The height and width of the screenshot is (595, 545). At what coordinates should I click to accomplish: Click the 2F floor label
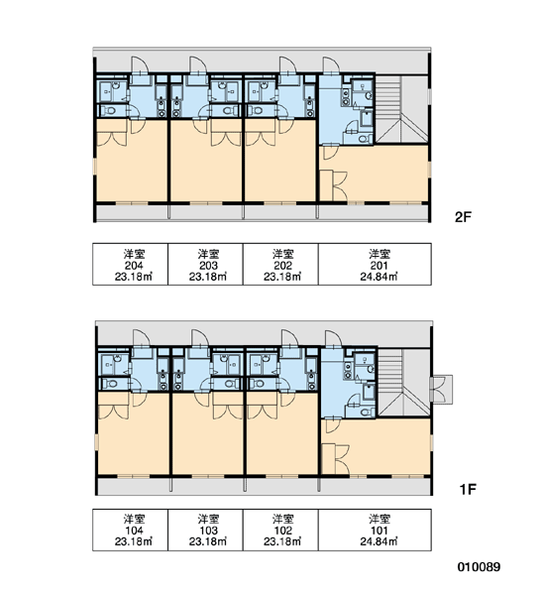pos(463,217)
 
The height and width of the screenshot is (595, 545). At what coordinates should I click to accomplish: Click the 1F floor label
pos(468,490)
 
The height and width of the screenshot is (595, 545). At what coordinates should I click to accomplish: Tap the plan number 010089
pos(479,567)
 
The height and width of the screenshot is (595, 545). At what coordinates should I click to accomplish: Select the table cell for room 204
pos(131,264)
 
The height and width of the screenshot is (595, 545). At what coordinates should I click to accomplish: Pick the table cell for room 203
pos(205,264)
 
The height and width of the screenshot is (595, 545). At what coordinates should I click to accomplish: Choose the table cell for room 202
pos(280,264)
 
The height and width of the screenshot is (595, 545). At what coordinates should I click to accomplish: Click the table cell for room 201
pos(375,264)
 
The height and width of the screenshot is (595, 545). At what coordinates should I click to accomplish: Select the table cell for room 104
pos(131,530)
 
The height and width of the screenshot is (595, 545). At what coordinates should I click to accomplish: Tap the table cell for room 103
pos(205,530)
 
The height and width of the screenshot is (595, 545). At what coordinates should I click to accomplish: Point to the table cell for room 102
pos(280,530)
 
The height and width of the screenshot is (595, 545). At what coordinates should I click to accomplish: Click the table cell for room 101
pos(375,530)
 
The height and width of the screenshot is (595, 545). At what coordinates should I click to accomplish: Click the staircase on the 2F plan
pos(401,108)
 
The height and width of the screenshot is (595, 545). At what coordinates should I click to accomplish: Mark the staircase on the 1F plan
pos(402,383)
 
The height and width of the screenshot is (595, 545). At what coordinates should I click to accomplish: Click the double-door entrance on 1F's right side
pos(442,390)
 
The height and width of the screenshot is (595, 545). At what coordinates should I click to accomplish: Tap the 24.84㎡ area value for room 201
pos(379,277)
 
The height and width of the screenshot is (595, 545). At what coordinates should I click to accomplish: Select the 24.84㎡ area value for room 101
pos(379,541)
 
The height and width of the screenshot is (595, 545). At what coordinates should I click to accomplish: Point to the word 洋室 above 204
pos(134,253)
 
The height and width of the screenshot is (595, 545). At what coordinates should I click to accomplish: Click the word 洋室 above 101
pos(380,519)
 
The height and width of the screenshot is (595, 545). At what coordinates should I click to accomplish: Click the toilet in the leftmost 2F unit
pos(109,111)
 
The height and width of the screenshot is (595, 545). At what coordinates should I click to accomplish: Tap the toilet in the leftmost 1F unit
pos(111,384)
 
